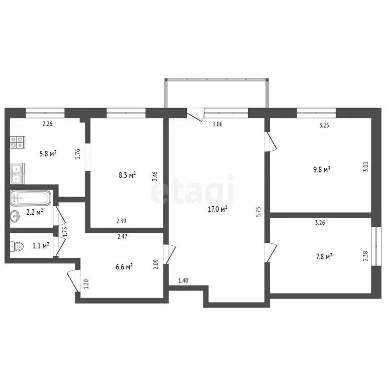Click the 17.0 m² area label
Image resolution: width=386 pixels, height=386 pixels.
(x=218, y=209)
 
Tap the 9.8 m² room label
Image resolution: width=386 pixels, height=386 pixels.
(x=320, y=170)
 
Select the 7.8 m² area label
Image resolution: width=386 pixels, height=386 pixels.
(x=322, y=257)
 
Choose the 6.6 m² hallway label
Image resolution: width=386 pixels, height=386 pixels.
(x=122, y=266)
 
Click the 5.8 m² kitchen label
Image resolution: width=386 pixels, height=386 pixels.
(x=48, y=153)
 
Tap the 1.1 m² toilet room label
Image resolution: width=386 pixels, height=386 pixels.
(x=40, y=246)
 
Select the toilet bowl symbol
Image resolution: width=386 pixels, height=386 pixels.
(x=17, y=246)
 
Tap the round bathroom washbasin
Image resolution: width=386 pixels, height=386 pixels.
(x=15, y=216)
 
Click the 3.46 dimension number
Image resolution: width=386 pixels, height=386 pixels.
(x=155, y=176)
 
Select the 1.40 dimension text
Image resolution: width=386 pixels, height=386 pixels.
(x=183, y=280)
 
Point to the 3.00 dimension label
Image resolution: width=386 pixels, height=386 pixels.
(x=366, y=166)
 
